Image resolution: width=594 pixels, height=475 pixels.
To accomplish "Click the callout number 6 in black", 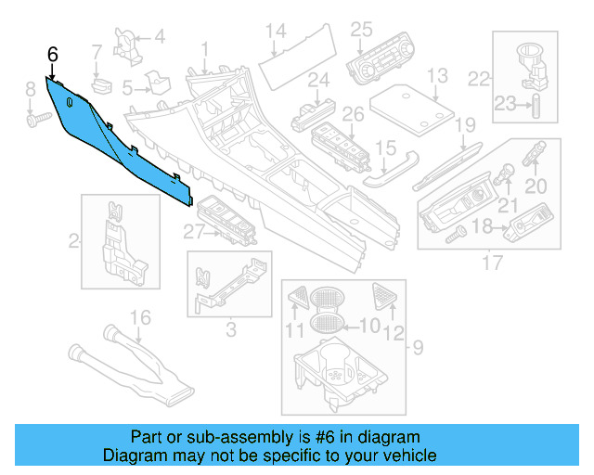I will (x=53, y=57).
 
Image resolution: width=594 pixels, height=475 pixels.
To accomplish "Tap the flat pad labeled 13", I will (x=410, y=108).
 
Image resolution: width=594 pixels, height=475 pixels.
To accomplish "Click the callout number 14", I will (x=275, y=32).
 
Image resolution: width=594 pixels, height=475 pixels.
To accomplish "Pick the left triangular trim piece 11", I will (x=300, y=298).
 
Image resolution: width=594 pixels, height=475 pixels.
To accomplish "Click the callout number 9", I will (x=417, y=348).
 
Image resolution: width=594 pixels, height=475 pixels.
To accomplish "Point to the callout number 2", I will (x=73, y=242).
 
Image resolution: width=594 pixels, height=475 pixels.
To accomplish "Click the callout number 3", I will (x=230, y=327).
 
